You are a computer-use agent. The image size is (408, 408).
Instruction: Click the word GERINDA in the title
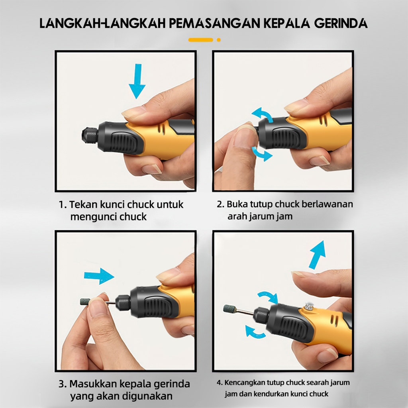(x=341, y=23)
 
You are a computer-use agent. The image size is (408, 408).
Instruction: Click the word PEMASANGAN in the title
(x=214, y=23)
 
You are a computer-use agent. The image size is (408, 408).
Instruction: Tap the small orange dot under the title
(x=219, y=40)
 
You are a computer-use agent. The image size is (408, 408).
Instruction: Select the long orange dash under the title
(x=201, y=40)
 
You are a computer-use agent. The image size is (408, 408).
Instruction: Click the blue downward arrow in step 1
(x=137, y=81)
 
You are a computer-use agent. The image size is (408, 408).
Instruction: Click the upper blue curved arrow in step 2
(x=262, y=114)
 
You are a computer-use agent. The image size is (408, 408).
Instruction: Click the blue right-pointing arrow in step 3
(x=99, y=276)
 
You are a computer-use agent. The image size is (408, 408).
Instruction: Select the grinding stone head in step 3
(x=85, y=302)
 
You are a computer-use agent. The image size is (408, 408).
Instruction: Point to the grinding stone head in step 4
(x=229, y=309)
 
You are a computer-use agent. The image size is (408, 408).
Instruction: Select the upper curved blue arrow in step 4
(x=268, y=296)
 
